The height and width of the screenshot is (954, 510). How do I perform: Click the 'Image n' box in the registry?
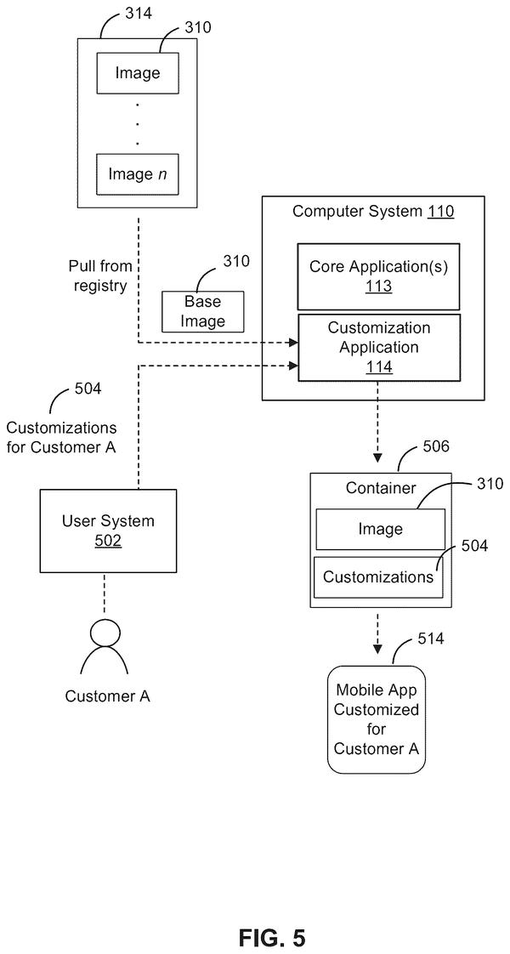(x=138, y=174)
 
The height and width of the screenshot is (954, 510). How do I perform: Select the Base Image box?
(x=202, y=311)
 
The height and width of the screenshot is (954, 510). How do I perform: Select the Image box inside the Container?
(x=380, y=530)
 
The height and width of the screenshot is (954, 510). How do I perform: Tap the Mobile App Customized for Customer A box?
(x=377, y=720)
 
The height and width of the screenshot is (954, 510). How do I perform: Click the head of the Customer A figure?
(x=103, y=632)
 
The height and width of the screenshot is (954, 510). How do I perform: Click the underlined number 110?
(x=440, y=212)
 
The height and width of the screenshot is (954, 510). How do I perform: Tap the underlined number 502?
(x=108, y=541)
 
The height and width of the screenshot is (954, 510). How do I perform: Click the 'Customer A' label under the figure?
(x=108, y=696)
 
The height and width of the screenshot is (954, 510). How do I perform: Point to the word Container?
(x=381, y=487)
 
